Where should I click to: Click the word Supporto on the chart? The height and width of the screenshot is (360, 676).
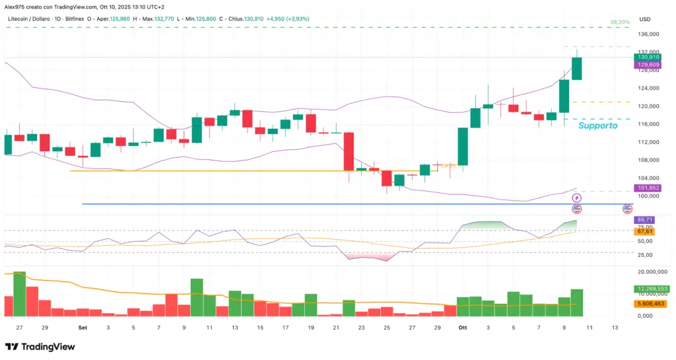tap(597, 125)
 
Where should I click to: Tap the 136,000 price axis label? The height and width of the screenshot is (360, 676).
tap(648, 34)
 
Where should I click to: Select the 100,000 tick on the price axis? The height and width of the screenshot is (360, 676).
tap(648, 196)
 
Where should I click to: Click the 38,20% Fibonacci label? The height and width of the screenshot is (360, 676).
tap(620, 22)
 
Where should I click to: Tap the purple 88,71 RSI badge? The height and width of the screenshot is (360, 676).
tap(644, 219)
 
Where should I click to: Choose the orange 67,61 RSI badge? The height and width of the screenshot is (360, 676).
tap(644, 231)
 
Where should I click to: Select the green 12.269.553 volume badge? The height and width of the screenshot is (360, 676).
tap(651, 289)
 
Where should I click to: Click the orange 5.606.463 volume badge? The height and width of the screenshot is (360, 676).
tap(650, 303)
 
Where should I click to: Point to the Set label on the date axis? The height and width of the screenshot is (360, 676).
tap(83, 327)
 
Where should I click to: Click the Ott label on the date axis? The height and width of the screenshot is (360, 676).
tap(463, 327)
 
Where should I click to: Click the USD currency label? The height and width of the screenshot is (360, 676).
tap(645, 19)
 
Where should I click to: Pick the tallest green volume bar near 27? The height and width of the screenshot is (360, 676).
tap(19, 293)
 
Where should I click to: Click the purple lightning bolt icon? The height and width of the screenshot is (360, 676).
tap(577, 198)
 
